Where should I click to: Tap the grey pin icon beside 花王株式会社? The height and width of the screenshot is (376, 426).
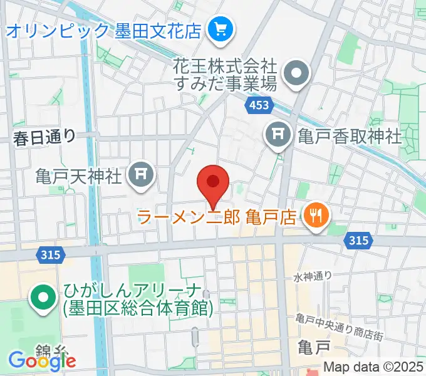296,75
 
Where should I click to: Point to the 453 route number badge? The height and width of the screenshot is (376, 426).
259,107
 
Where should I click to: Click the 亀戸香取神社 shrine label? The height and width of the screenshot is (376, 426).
348,135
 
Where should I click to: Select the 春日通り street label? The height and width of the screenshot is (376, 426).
45,136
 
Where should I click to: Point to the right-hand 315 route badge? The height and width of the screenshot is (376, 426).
359,240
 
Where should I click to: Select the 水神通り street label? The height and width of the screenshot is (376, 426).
311,276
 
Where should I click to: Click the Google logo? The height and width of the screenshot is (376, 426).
41,360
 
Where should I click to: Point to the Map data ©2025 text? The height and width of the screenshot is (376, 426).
374,367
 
